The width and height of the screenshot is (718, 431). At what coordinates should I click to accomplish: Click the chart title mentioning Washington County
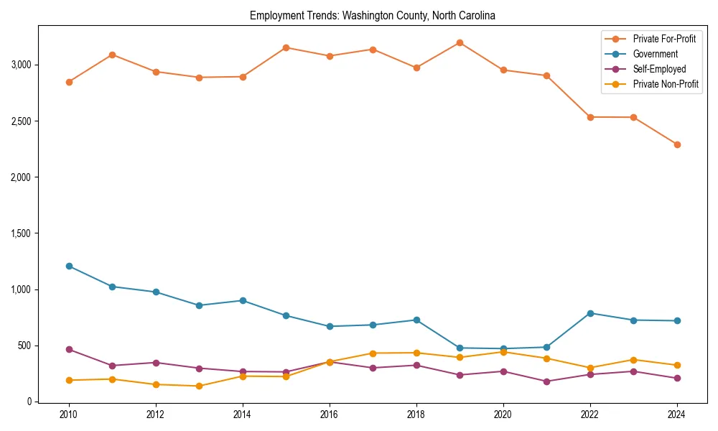point(373,15)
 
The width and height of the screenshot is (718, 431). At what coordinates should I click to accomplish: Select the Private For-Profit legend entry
point(664,39)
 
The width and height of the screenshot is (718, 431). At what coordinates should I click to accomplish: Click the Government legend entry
point(655,54)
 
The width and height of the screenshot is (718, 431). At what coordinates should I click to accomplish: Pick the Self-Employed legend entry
point(659,69)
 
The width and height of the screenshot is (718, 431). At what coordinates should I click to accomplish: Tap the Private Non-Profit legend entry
point(666,84)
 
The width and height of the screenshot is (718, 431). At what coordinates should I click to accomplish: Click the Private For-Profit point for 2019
point(460,42)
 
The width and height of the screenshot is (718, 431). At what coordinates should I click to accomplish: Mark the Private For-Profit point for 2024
point(677,144)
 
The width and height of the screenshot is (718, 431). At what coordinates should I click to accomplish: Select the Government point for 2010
point(69,266)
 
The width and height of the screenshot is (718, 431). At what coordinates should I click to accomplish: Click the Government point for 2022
point(590,313)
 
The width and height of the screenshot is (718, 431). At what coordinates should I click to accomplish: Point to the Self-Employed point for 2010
point(69,349)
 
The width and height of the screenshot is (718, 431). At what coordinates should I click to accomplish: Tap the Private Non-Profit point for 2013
point(199,386)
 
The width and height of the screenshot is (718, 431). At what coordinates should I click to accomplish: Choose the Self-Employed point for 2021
point(546,381)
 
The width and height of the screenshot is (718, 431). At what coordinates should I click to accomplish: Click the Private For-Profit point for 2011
point(112,55)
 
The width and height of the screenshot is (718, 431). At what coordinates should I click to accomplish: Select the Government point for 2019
point(460,348)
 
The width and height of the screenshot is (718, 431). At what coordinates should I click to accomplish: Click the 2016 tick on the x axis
point(330,414)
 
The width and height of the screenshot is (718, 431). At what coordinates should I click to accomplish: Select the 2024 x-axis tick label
point(677,414)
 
